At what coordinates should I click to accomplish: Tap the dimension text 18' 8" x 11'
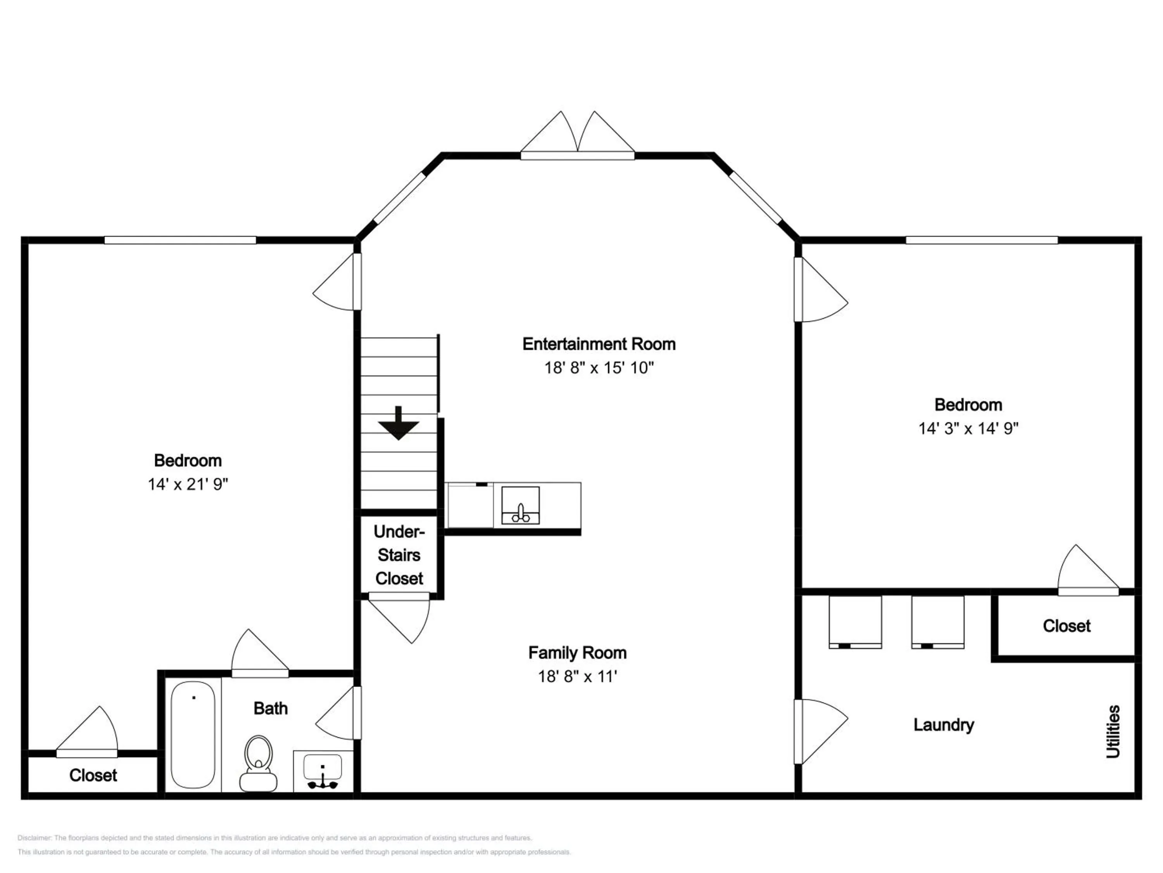pos(577,676)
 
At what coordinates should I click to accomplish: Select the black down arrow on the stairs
pos(398,424)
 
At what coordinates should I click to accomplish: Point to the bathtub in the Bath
pos(193,734)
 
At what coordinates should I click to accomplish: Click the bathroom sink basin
pos(322,767)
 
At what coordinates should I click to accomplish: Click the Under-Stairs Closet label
pos(399,555)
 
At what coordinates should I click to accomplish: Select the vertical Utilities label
pos(1113,731)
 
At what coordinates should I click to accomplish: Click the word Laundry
pos(943,725)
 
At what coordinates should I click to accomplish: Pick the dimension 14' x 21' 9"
pos(188,484)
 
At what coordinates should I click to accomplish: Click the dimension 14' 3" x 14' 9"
pos(968,428)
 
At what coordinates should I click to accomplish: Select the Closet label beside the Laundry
pos(1066,626)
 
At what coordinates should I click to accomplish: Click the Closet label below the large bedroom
pos(93,775)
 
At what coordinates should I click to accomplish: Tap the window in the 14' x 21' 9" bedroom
pos(180,241)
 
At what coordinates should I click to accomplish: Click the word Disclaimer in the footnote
pos(34,838)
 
